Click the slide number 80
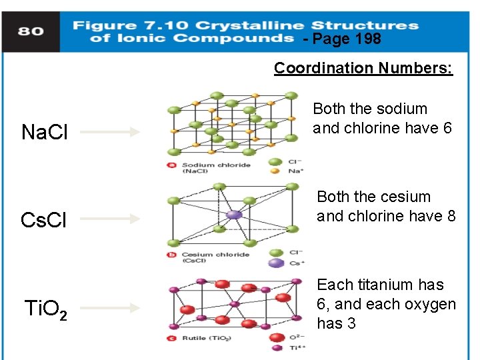31,31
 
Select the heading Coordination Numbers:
363,68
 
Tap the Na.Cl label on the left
44,132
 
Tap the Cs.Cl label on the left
44,220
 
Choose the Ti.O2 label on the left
45,309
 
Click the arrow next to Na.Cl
110,132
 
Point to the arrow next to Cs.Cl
110,219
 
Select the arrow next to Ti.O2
110,307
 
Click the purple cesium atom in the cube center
233,215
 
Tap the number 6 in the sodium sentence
447,128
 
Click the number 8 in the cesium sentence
451,216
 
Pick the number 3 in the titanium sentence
351,323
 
